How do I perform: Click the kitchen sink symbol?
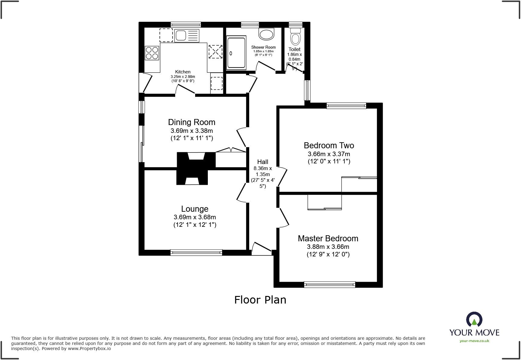tap(187, 36)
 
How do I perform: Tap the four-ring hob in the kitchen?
tap(152, 53)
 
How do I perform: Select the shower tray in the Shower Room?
tap(237, 53)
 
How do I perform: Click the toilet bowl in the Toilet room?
tap(295, 39)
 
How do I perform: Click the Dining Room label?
tap(192, 122)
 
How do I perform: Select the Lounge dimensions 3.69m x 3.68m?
tap(195, 217)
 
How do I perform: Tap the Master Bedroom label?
tap(328, 238)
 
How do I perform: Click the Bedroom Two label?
tap(329, 146)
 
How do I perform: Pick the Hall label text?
tap(263, 162)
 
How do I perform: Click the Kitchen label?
tap(183, 72)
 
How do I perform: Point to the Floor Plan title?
tap(260, 300)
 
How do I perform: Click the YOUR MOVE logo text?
tap(474, 333)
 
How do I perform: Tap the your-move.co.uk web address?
tap(474, 341)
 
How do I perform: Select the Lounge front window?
tap(196, 252)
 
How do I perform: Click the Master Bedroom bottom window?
tap(330, 284)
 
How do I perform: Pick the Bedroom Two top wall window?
tap(346, 106)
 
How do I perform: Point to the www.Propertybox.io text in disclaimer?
tap(89, 349)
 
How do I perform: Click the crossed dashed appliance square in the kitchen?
tap(215, 52)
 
